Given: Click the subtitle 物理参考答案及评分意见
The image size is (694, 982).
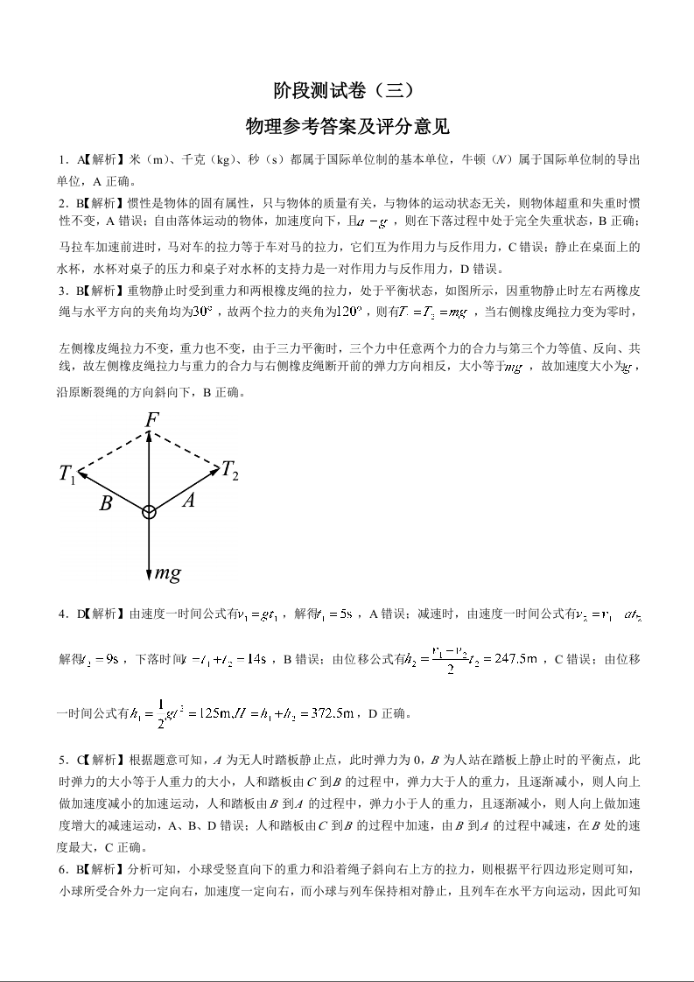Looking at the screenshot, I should click(x=347, y=127).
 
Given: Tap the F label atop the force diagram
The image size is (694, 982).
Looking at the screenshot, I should click(x=151, y=421).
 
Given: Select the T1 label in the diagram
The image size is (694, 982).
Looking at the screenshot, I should click(x=67, y=475).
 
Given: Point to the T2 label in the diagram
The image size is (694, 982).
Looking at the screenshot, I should click(x=229, y=470).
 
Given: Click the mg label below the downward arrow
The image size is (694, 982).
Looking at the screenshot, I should click(x=167, y=574).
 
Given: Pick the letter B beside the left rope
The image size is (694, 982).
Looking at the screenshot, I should click(x=106, y=503).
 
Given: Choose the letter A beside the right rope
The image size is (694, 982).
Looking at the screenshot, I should click(x=187, y=500).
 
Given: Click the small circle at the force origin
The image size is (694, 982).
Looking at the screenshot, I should click(x=150, y=512).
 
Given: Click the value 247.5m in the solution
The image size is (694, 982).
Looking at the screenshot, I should click(x=508, y=659).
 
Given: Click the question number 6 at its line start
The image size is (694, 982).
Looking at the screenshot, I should click(x=62, y=869).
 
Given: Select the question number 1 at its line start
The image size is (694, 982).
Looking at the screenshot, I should click(x=62, y=159).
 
